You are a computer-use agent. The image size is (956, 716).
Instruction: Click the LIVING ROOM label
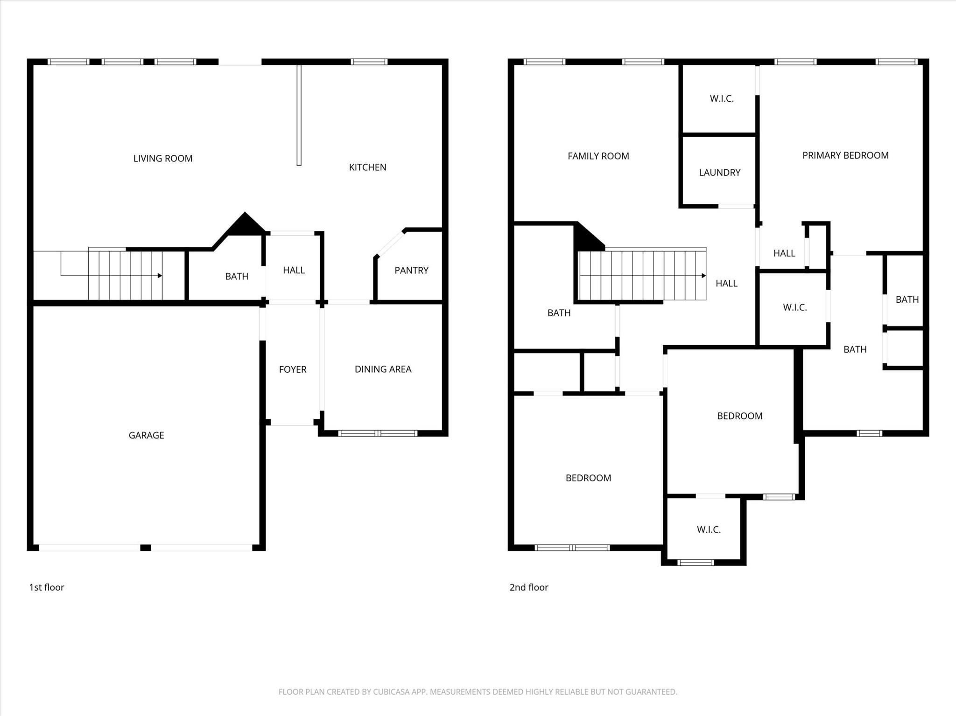[162, 159]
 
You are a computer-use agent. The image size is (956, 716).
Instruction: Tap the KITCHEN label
[367, 167]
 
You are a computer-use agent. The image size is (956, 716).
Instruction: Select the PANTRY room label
[411, 271]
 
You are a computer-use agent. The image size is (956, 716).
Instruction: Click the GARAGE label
[146, 435]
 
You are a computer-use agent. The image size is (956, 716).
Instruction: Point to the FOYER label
[293, 369]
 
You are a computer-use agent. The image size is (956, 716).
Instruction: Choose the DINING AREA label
[383, 369]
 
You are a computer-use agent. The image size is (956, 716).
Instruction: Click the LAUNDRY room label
[719, 173]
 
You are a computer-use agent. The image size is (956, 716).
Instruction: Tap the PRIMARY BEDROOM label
[845, 155]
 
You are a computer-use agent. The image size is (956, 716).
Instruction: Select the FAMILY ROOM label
[598, 156]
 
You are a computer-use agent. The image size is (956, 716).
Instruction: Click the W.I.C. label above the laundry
[721, 98]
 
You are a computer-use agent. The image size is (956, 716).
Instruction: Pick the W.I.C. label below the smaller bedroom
[709, 529]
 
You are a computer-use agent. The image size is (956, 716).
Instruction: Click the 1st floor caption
[47, 587]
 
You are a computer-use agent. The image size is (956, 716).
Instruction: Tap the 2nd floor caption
[528, 587]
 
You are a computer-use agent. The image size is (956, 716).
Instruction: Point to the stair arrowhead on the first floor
[160, 276]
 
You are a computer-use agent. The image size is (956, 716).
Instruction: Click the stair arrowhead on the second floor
[703, 276]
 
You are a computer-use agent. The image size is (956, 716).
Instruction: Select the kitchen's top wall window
[369, 62]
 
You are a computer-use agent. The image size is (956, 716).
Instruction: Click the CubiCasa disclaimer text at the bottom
[478, 692]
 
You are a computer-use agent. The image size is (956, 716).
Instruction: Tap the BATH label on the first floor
[237, 277]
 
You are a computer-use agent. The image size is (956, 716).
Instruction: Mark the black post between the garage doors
[146, 548]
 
